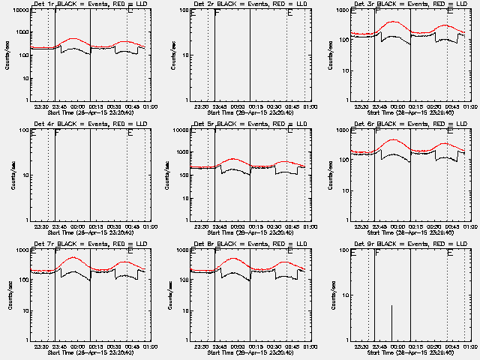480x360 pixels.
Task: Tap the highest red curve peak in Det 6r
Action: [x=393, y=140]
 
